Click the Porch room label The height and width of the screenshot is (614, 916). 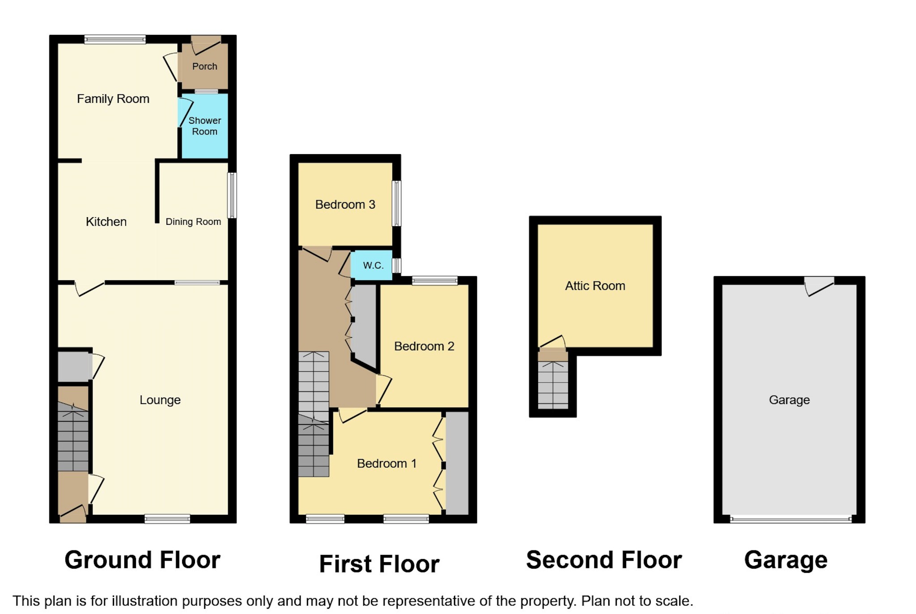pyautogui.click(x=204, y=66)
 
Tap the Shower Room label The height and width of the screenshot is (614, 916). pyautogui.click(x=204, y=126)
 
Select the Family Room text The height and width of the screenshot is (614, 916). pyautogui.click(x=113, y=99)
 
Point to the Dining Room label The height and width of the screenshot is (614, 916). pyautogui.click(x=193, y=222)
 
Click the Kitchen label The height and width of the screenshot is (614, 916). pyautogui.click(x=106, y=222)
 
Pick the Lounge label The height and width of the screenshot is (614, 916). pyautogui.click(x=160, y=400)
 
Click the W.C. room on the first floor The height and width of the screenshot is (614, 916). pyautogui.click(x=373, y=265)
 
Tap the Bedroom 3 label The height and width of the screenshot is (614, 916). pyautogui.click(x=345, y=205)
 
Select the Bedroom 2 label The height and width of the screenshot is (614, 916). pyautogui.click(x=424, y=346)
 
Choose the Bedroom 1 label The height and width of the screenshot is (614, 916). pyautogui.click(x=386, y=463)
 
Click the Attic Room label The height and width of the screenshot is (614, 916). pyautogui.click(x=594, y=286)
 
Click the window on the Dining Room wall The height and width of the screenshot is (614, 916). pyautogui.click(x=232, y=195)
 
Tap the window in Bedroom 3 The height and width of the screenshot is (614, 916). pyautogui.click(x=396, y=203)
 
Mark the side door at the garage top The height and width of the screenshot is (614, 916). pyautogui.click(x=819, y=285)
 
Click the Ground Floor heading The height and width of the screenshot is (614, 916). pyautogui.click(x=142, y=560)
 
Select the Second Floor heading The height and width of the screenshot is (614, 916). pyautogui.click(x=603, y=560)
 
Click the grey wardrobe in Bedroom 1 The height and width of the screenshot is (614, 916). pyautogui.click(x=457, y=463)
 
